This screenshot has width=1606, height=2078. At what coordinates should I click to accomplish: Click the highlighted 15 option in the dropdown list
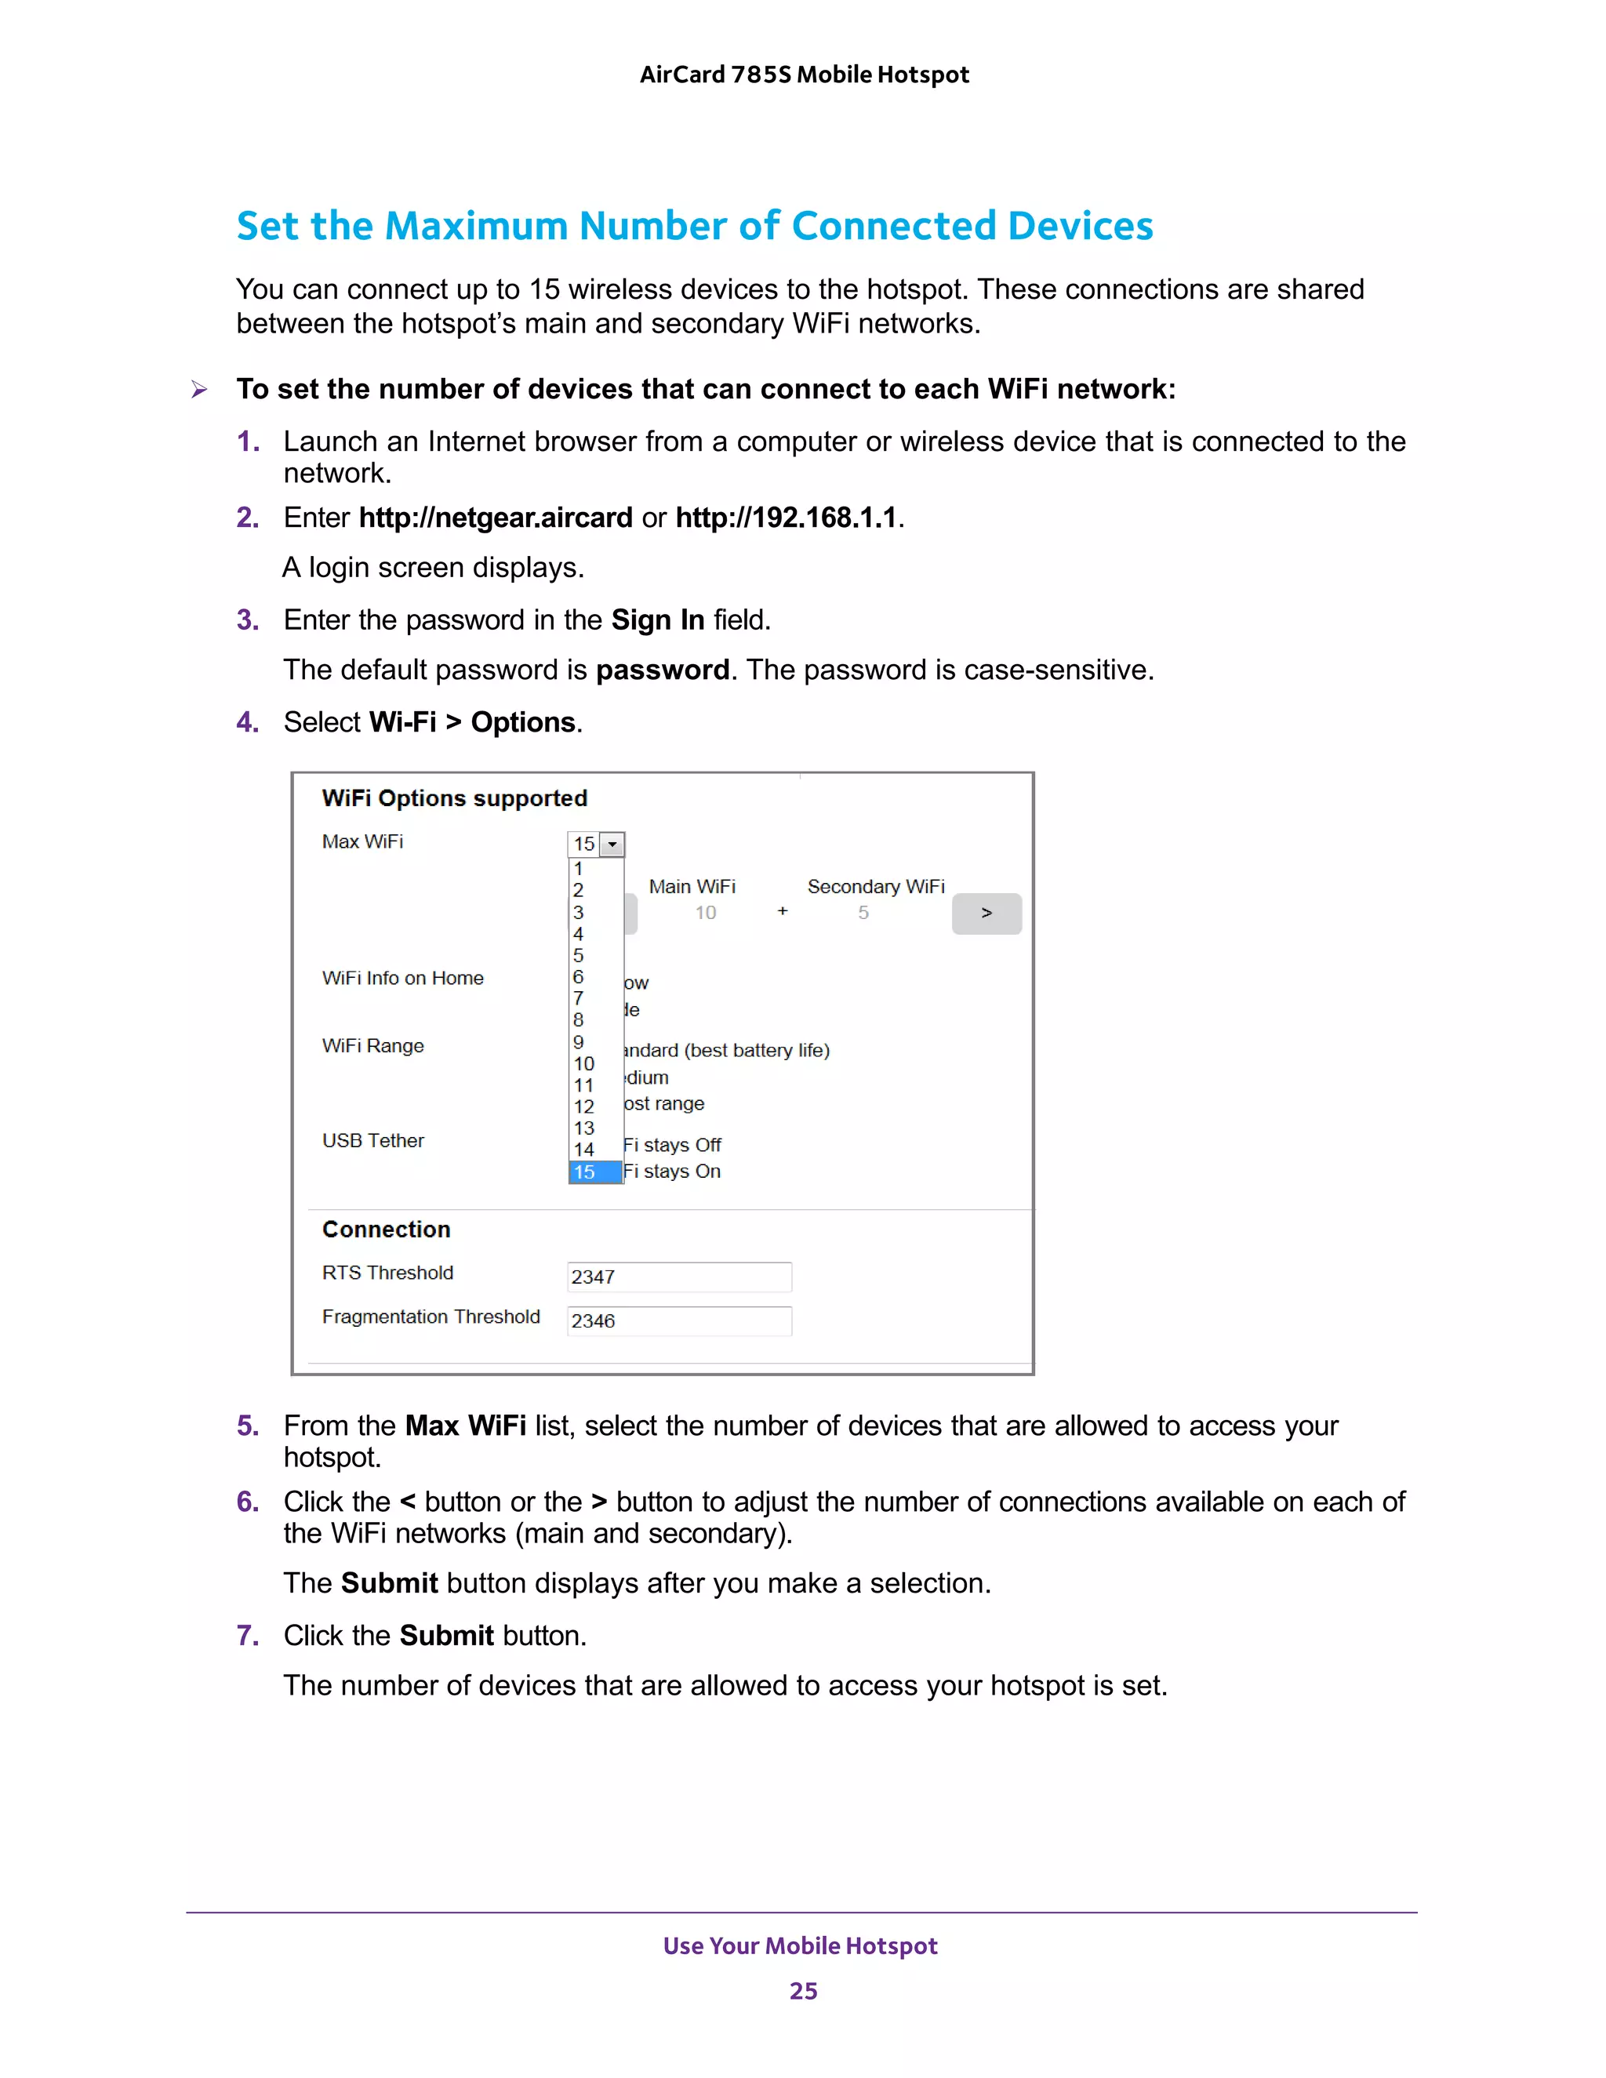tap(594, 1172)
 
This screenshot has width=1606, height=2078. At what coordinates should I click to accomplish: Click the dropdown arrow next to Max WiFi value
tap(612, 844)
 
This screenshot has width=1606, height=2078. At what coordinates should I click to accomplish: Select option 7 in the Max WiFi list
tap(579, 998)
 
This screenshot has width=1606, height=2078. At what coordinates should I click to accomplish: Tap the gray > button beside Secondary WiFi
tap(986, 914)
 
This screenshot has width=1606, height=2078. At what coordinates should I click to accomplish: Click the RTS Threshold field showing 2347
tap(678, 1277)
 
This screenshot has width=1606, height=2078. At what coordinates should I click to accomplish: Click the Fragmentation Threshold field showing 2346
tap(678, 1321)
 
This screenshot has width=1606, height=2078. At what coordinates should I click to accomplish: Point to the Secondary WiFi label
tap(875, 887)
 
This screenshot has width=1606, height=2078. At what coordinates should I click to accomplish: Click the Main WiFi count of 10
tap(705, 914)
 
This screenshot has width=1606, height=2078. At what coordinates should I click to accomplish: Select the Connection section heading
tap(387, 1230)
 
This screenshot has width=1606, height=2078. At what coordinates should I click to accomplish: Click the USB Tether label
tap(373, 1141)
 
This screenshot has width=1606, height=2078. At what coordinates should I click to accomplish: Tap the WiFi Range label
tap(373, 1045)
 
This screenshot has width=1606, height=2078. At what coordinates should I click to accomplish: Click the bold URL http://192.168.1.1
tap(786, 518)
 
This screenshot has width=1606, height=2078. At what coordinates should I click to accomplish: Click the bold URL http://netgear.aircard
tap(495, 518)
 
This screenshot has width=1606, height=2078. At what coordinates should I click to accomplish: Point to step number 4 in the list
tap(247, 722)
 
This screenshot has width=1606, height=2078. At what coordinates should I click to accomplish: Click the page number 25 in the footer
tap(803, 1990)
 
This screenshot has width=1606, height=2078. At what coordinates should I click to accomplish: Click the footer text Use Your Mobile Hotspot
tap(800, 1945)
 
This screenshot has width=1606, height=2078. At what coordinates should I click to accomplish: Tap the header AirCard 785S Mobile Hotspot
tap(804, 74)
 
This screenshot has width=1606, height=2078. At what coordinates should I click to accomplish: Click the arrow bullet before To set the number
tap(199, 389)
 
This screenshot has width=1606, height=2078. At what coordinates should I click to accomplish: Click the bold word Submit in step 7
tap(446, 1636)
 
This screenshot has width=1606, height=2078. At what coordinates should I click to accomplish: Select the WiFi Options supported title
tap(455, 798)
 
